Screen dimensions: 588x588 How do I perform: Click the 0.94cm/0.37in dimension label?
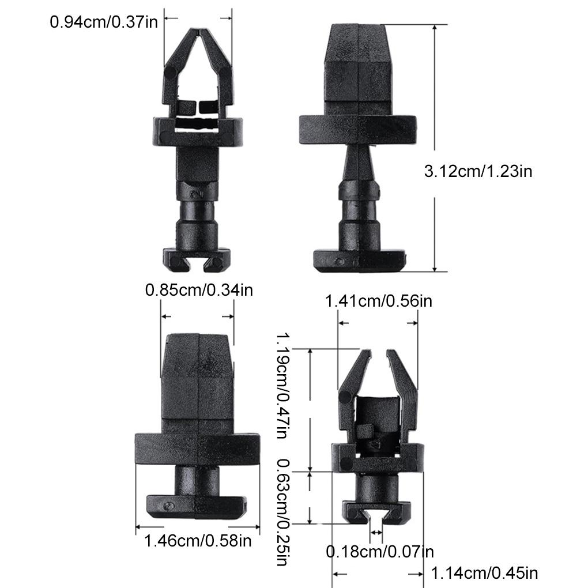click(102, 22)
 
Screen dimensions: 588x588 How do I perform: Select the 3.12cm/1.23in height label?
click(478, 171)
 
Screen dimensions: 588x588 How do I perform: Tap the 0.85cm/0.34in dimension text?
click(198, 289)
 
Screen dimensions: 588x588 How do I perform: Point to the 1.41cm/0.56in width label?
click(379, 301)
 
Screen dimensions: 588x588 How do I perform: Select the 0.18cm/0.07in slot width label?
click(380, 552)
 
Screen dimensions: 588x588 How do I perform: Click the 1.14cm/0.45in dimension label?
click(484, 573)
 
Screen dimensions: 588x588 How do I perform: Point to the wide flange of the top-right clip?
click(357, 129)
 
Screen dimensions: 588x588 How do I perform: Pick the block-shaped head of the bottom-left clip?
click(198, 375)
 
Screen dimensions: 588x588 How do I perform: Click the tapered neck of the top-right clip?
click(359, 164)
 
